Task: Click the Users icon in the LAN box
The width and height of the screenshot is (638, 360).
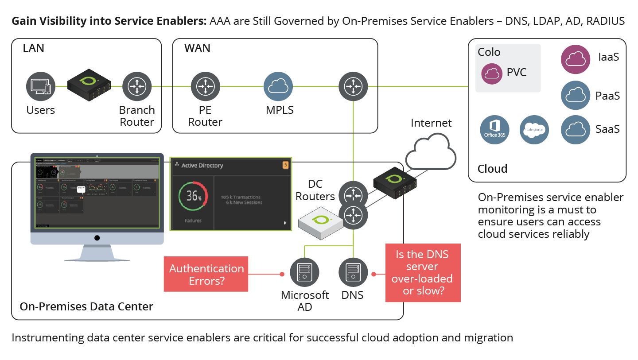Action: click(x=41, y=86)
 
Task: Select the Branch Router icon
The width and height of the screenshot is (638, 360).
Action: click(x=137, y=86)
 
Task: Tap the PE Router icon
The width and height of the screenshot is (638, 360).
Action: click(x=205, y=86)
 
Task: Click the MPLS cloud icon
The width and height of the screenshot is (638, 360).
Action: click(x=278, y=86)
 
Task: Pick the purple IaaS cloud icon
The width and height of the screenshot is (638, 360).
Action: click(x=576, y=59)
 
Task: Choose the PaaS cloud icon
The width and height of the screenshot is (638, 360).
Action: click(x=576, y=96)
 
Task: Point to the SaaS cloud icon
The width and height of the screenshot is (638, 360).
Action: click(x=576, y=130)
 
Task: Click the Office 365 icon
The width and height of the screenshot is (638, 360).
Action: click(x=494, y=130)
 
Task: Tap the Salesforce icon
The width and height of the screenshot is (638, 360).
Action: click(x=534, y=130)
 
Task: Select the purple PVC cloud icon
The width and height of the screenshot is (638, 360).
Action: click(x=491, y=74)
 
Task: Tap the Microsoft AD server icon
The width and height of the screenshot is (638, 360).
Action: click(x=305, y=271)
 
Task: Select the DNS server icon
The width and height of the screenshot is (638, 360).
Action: click(x=353, y=271)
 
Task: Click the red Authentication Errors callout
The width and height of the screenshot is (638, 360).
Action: click(x=206, y=274)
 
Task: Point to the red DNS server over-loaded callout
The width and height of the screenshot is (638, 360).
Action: click(x=423, y=273)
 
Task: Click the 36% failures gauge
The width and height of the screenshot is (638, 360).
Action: click(x=193, y=195)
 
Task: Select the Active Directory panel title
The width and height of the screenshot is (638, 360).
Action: click(x=202, y=166)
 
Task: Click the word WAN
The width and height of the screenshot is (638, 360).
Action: click(x=197, y=48)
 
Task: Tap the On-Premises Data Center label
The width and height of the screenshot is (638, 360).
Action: click(x=86, y=306)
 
